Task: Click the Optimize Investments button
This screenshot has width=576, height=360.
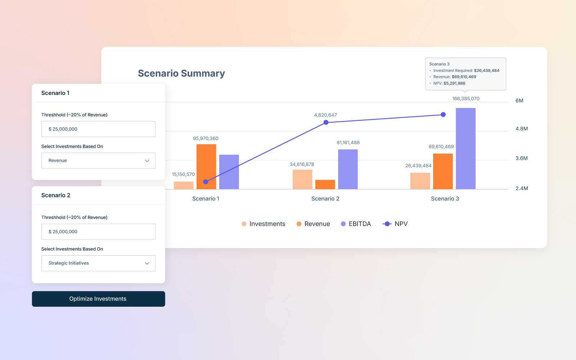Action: (98, 299)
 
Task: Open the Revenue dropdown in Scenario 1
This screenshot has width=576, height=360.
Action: (98, 161)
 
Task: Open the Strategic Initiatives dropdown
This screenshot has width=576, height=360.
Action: (98, 263)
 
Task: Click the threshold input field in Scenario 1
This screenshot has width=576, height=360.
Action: (98, 129)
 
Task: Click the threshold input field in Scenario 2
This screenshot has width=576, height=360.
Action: (98, 231)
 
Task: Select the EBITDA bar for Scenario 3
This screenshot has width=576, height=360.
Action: (465, 148)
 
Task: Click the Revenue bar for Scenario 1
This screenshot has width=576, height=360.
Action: (206, 166)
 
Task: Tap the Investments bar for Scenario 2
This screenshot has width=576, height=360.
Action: (302, 179)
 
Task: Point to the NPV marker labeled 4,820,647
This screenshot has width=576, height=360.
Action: (326, 122)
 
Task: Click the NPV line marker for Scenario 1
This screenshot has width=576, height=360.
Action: (206, 182)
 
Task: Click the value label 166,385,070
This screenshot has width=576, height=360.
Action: (465, 99)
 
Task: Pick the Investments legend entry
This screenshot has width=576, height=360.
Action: (264, 224)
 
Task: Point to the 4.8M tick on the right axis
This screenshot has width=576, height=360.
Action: (521, 129)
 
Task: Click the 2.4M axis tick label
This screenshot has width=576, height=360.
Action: (521, 188)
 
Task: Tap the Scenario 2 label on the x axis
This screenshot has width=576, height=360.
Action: (325, 199)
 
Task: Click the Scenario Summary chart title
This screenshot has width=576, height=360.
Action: (181, 73)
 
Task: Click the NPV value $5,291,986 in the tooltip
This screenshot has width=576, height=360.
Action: (454, 83)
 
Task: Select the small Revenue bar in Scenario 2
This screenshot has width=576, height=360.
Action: (325, 184)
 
